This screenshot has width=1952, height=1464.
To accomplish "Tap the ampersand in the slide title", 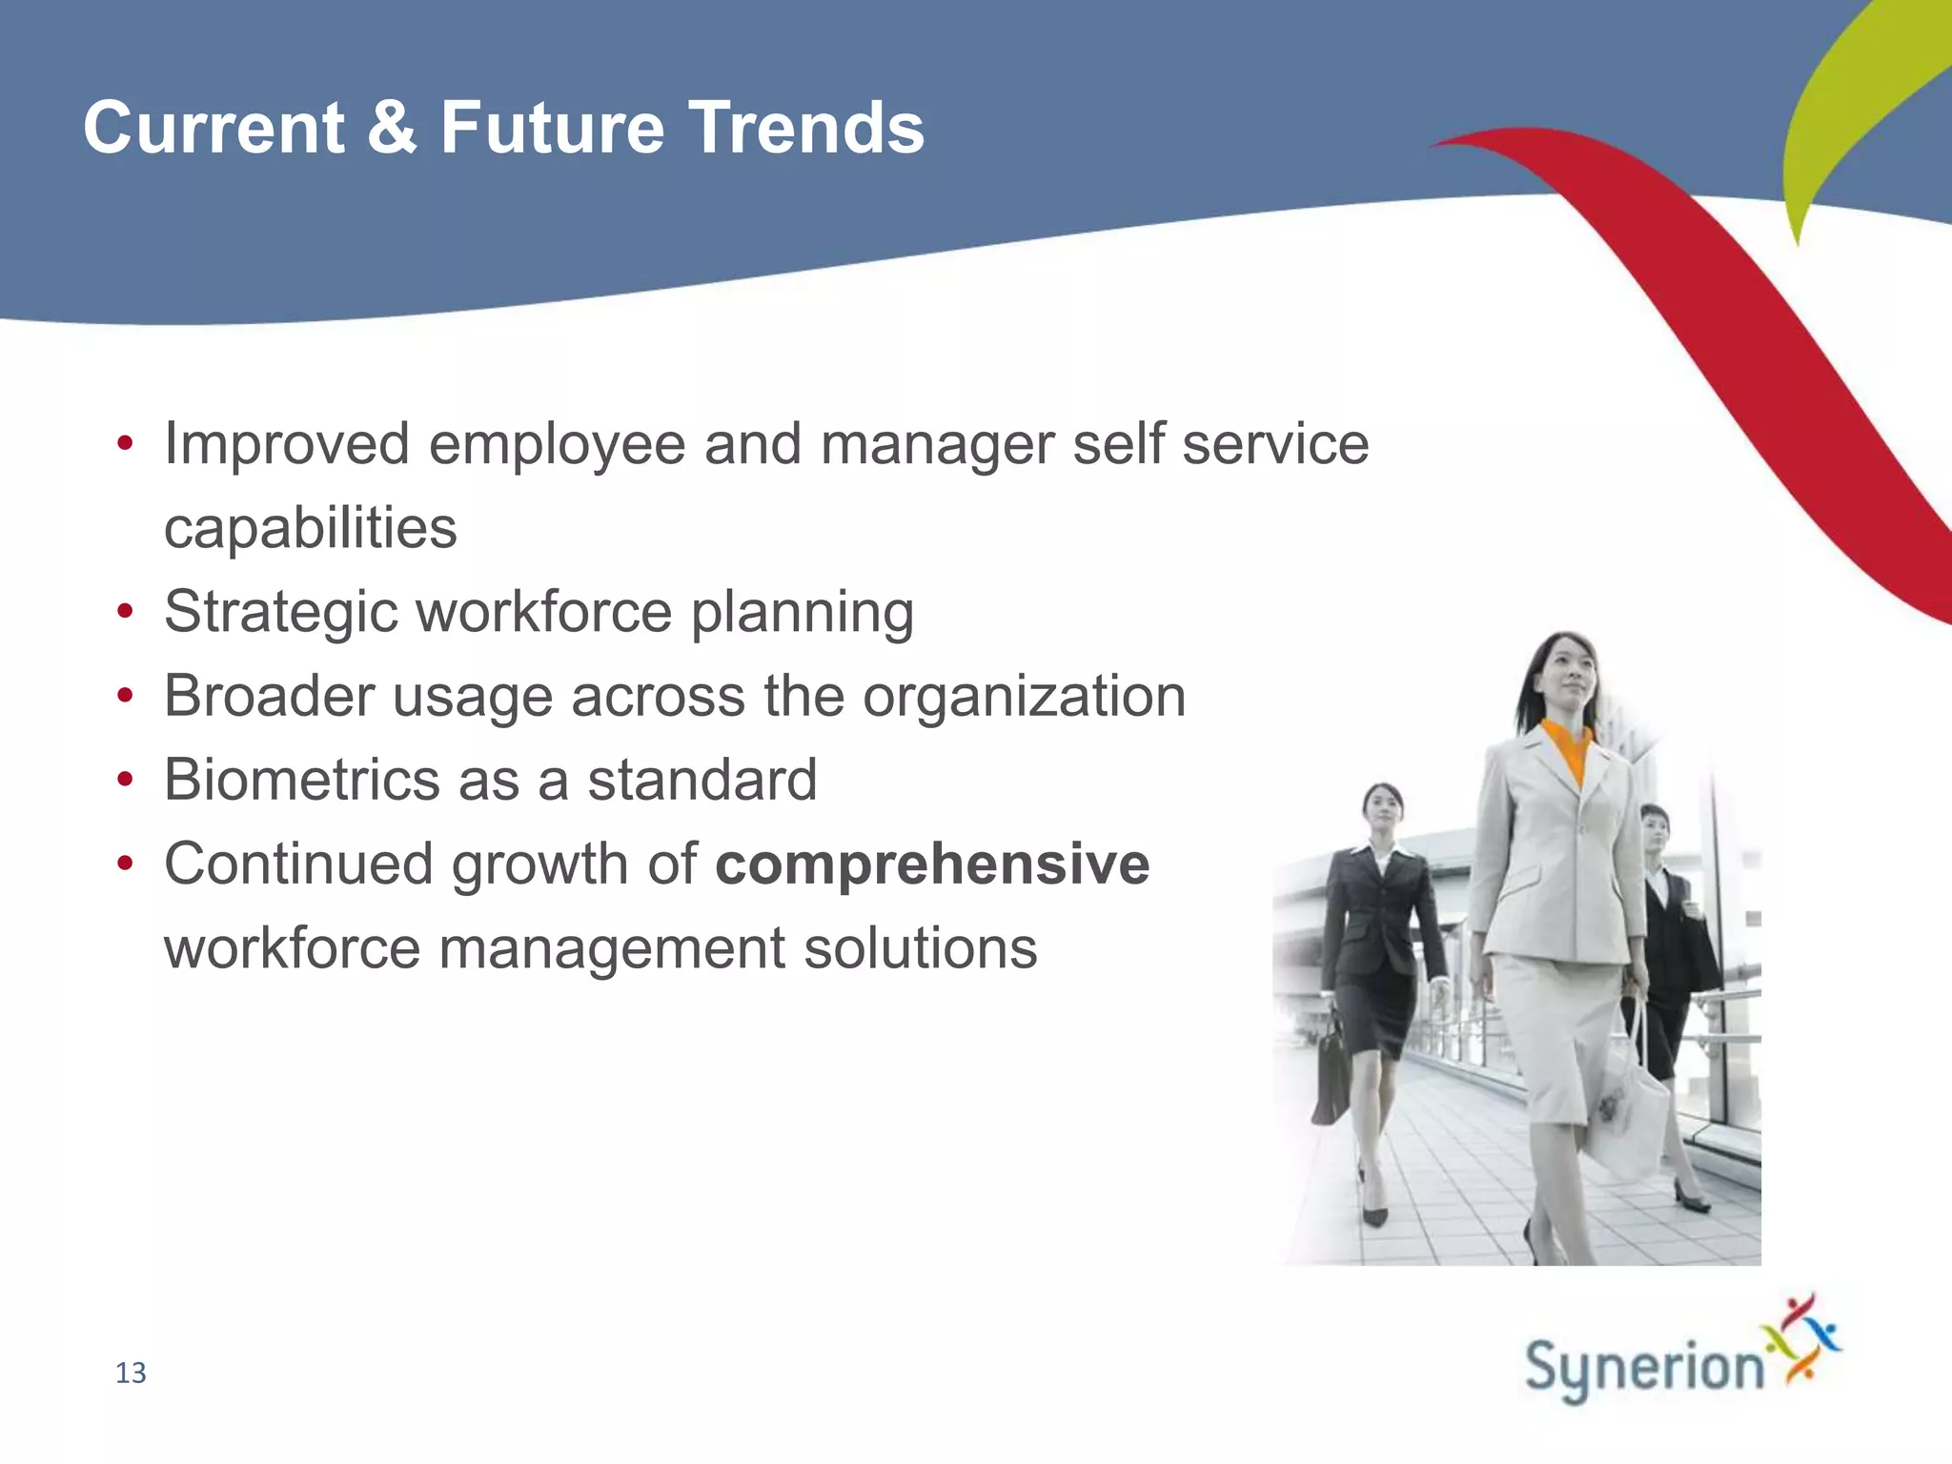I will tap(391, 128).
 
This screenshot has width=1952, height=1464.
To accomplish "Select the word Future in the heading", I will tap(552, 128).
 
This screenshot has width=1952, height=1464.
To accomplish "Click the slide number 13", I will tap(131, 1372).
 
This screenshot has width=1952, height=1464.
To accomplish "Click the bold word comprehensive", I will tap(932, 864).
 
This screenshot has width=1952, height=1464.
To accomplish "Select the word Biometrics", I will tap(301, 780).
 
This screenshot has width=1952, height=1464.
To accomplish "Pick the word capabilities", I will tap(311, 528).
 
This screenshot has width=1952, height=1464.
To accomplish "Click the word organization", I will tap(1024, 696).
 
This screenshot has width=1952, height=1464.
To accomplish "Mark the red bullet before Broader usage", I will tap(125, 698).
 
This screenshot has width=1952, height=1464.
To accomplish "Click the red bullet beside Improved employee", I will tap(125, 445).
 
